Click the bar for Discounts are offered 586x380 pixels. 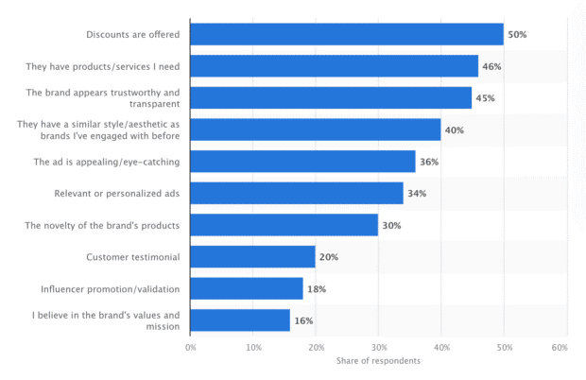point(346,35)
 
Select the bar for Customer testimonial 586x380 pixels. point(252,256)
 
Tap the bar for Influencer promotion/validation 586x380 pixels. point(246,288)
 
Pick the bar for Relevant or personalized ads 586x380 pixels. point(297,193)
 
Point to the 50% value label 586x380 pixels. point(517,35)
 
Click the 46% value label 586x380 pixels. point(491,66)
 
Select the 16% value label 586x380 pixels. point(302,320)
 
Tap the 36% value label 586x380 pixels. point(429,162)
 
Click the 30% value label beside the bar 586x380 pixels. point(391,225)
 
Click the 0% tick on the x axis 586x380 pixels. point(190,348)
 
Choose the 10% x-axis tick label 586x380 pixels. point(253,348)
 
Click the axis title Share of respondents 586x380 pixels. point(378,361)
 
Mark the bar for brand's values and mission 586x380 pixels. point(240,320)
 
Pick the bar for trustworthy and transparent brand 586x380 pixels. point(331,98)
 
